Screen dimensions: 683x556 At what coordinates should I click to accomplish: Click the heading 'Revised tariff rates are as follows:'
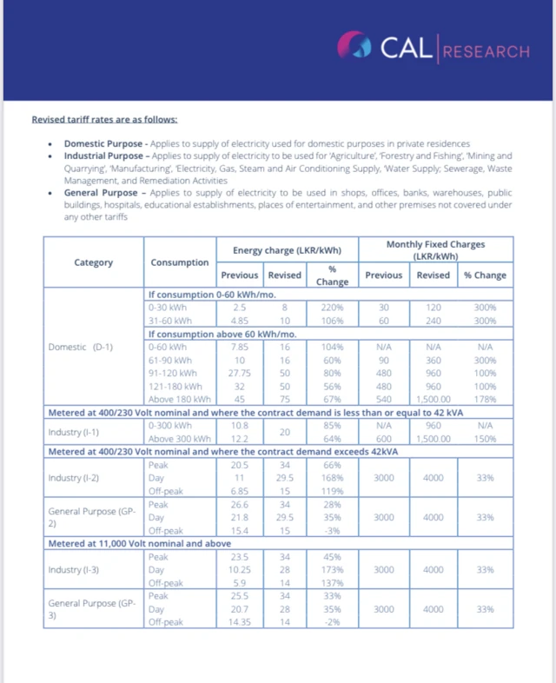coord(104,119)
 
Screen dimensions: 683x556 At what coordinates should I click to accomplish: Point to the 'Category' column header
coord(93,262)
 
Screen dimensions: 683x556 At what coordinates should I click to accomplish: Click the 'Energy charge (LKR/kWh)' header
coord(287,250)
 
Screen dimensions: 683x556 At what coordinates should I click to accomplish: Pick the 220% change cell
coord(332,308)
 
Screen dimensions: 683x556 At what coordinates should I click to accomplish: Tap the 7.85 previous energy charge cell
coord(240,347)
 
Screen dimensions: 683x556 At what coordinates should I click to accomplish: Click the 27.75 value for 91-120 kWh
coord(240,373)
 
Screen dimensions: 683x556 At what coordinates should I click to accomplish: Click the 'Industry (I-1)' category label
coord(73,431)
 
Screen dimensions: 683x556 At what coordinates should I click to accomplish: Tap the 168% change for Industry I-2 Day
coord(332,476)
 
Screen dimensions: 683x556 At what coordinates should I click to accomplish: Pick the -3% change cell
coord(332,530)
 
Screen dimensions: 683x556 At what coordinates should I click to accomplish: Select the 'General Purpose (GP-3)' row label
coord(88,608)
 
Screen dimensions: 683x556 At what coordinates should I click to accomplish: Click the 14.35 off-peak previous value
coord(240,622)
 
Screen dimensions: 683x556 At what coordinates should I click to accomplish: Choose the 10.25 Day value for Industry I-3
coord(240,569)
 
